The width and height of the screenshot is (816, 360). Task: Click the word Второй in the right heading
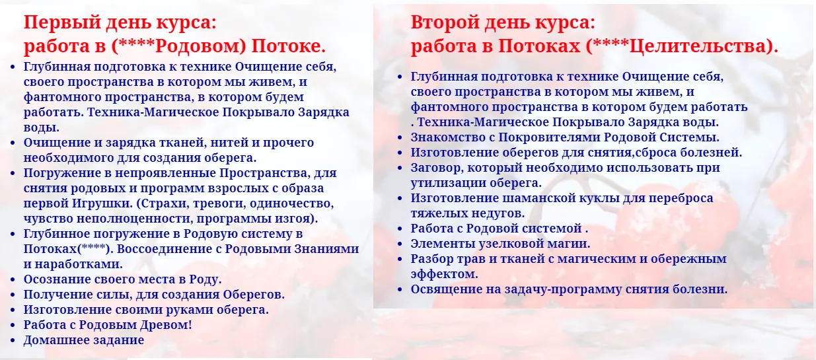(450, 23)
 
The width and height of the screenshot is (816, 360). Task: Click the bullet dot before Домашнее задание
(13, 341)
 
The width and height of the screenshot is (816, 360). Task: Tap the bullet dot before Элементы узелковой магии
(400, 244)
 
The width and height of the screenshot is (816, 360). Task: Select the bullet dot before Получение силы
(13, 295)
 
